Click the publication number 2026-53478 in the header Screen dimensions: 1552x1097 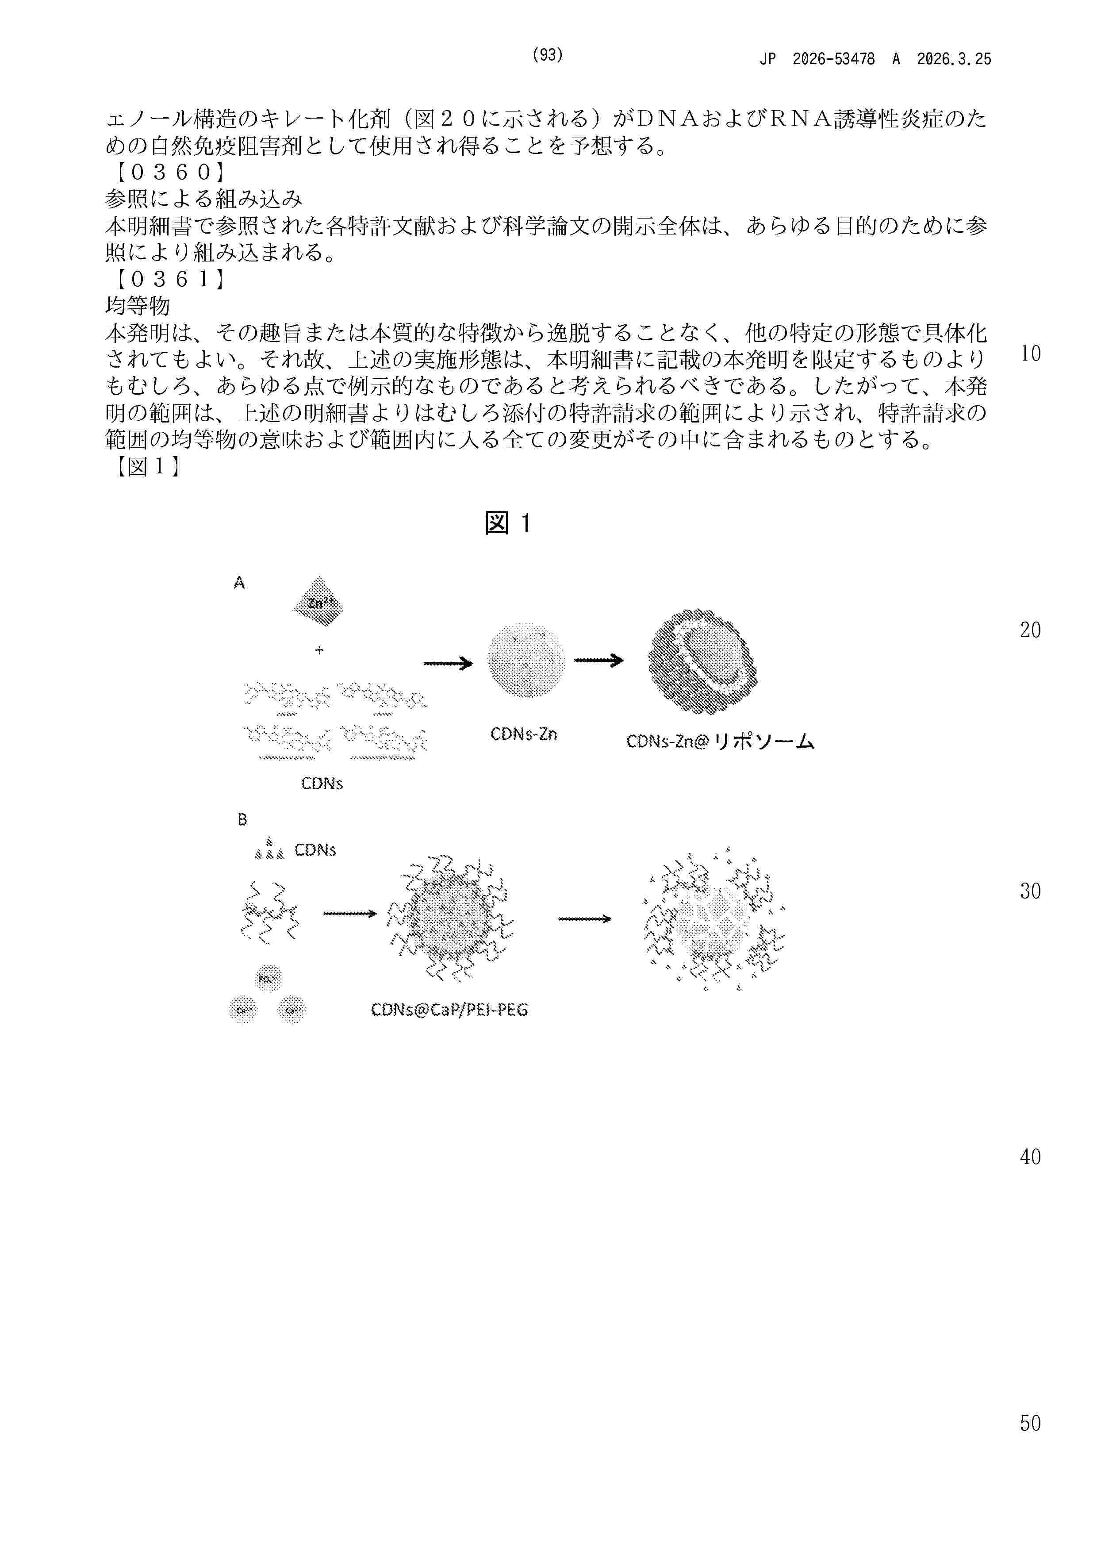(833, 59)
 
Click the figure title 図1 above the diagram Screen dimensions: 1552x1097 (508, 523)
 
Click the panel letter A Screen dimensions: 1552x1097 (238, 583)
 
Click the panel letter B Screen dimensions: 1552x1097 (242, 820)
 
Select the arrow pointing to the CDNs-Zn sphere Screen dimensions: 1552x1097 (448, 664)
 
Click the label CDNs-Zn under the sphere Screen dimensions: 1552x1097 (524, 734)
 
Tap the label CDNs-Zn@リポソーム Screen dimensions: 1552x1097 (720, 741)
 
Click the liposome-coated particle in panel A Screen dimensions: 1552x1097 (702, 661)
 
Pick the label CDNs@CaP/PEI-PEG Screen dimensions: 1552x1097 (449, 1010)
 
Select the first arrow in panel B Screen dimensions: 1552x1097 (349, 914)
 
